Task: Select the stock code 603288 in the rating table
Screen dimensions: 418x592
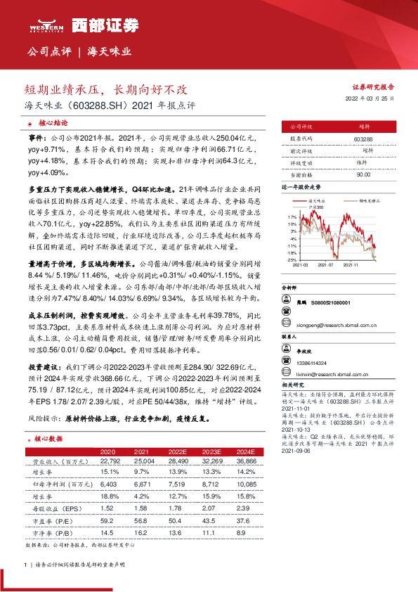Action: (x=363, y=139)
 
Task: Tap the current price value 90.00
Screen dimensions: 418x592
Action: (x=363, y=174)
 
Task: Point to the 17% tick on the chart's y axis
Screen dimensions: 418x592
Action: (x=292, y=217)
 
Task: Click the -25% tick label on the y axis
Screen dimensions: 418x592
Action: (x=292, y=259)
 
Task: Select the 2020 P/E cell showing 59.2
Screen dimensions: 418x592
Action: (x=107, y=520)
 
